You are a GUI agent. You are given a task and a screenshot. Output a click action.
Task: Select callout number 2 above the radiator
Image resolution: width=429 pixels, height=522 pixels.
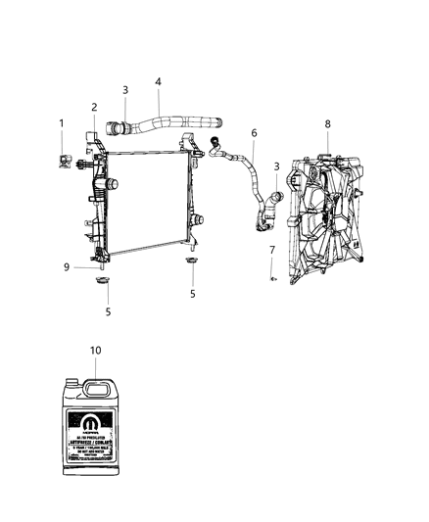click(x=95, y=107)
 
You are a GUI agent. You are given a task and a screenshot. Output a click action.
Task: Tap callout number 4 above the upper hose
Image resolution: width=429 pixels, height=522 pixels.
click(x=159, y=82)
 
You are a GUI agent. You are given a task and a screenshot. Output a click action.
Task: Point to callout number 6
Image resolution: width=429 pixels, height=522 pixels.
click(x=254, y=132)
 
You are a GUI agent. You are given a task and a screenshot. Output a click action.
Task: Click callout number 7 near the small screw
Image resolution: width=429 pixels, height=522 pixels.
click(x=271, y=251)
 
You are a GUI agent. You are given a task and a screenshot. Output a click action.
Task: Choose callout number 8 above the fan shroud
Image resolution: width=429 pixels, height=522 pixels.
click(x=328, y=124)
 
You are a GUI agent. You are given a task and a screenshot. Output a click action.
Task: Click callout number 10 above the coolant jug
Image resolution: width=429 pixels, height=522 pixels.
click(x=96, y=350)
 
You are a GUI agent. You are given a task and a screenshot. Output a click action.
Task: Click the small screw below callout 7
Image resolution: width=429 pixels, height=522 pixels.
click(x=273, y=278)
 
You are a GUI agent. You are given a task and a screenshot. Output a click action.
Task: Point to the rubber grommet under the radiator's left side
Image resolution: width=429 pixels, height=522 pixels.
click(x=102, y=282)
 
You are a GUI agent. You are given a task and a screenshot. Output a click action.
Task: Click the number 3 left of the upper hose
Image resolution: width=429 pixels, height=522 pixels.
click(x=125, y=90)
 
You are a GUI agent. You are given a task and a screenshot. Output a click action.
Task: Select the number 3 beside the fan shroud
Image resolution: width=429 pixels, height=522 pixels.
click(x=277, y=166)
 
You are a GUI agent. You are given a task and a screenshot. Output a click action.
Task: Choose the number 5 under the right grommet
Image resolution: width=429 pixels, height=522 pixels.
click(x=193, y=293)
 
